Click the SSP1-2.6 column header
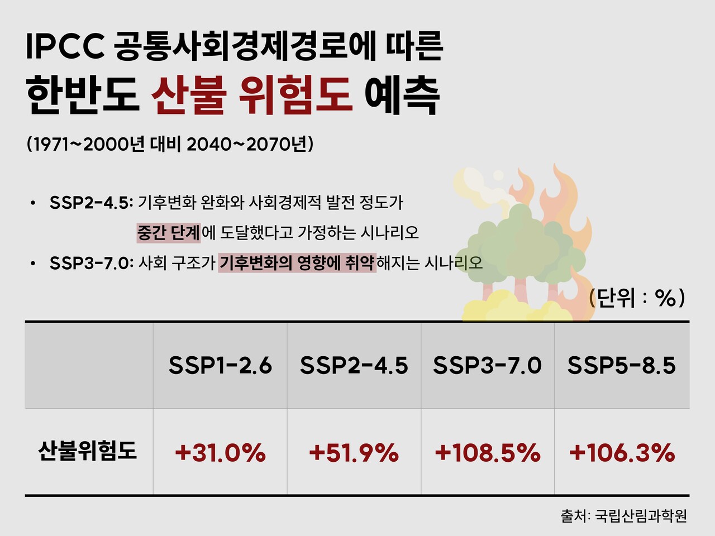[220, 366]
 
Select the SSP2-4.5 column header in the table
[354, 366]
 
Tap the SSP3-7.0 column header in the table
[487, 366]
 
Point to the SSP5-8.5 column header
[621, 366]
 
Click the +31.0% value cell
[220, 452]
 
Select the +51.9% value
[354, 452]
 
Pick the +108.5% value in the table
[487, 452]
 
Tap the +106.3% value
[622, 452]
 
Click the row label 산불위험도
[88, 451]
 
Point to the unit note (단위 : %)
[637, 298]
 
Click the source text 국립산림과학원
[641, 515]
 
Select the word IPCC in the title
[65, 47]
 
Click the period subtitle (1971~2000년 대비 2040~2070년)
[170, 144]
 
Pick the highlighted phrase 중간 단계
[168, 232]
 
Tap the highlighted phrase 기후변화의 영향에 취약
[297, 262]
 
